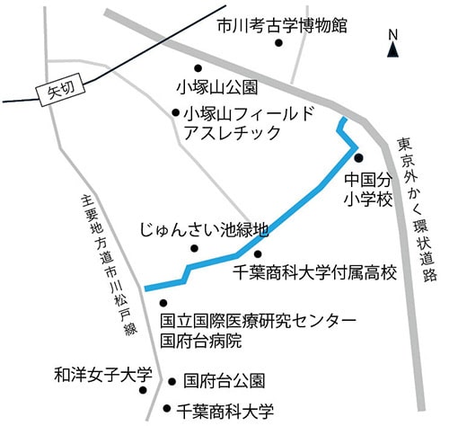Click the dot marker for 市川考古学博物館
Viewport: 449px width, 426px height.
(x=278, y=42)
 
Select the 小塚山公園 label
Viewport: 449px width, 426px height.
(x=218, y=88)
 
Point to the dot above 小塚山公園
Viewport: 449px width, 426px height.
(x=198, y=67)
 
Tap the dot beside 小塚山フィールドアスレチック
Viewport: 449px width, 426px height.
(x=176, y=113)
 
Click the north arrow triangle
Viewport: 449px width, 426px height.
(x=392, y=50)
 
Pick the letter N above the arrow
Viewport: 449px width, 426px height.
(x=392, y=35)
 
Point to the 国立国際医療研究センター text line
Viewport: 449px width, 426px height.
(x=258, y=321)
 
